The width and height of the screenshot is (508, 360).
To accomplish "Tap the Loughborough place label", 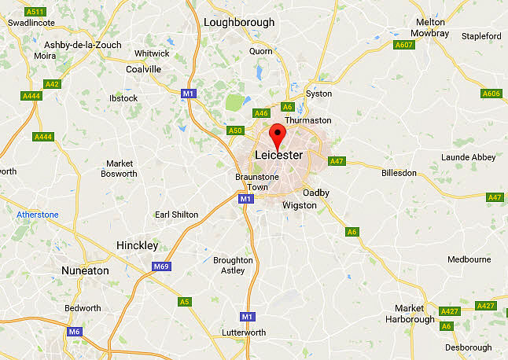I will (x=239, y=22).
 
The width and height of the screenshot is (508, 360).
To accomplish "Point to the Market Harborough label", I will (x=410, y=314).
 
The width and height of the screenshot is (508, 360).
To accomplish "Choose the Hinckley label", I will (x=137, y=245).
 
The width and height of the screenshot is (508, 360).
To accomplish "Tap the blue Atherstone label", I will (x=38, y=215).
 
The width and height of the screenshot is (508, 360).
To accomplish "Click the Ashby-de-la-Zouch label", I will (x=83, y=45).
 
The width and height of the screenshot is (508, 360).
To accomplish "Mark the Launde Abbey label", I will (x=468, y=157).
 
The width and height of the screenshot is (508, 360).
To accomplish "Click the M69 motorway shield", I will (x=161, y=266).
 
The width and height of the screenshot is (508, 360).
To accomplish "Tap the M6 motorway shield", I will (x=74, y=332).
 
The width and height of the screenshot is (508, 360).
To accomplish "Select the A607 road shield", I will (x=404, y=45).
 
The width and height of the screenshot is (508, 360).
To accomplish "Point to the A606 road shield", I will (x=490, y=94).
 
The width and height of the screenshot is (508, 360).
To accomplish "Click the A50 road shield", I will (x=235, y=130).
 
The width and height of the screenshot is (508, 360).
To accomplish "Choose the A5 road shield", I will (x=185, y=301).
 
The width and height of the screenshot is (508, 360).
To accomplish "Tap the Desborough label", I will (x=467, y=347).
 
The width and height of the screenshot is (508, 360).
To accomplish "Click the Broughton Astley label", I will (x=233, y=265).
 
